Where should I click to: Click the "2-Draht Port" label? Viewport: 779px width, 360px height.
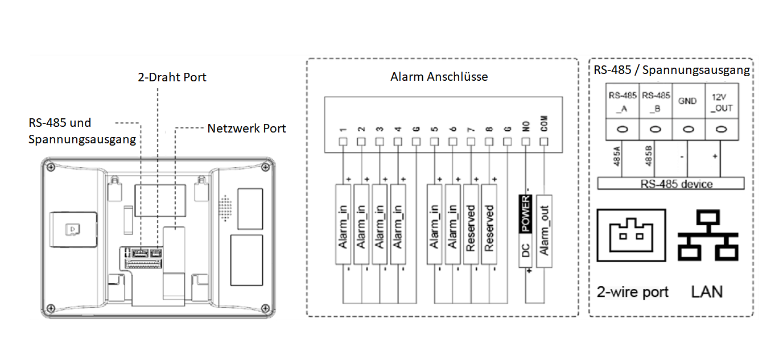172,77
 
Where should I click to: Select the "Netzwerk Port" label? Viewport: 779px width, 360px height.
246,129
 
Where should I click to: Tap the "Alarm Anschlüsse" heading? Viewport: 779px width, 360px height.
439,76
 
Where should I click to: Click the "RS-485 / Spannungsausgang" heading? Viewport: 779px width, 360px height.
671,71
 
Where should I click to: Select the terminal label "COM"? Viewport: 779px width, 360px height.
544,126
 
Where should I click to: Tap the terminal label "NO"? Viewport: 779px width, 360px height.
526,126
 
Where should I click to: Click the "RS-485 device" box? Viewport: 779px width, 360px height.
671,184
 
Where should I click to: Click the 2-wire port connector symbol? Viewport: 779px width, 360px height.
631,235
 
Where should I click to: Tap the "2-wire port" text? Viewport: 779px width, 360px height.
632,292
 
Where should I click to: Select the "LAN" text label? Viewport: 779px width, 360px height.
707,292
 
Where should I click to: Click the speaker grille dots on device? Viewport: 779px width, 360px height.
226,209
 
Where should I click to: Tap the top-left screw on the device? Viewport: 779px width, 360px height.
51,167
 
